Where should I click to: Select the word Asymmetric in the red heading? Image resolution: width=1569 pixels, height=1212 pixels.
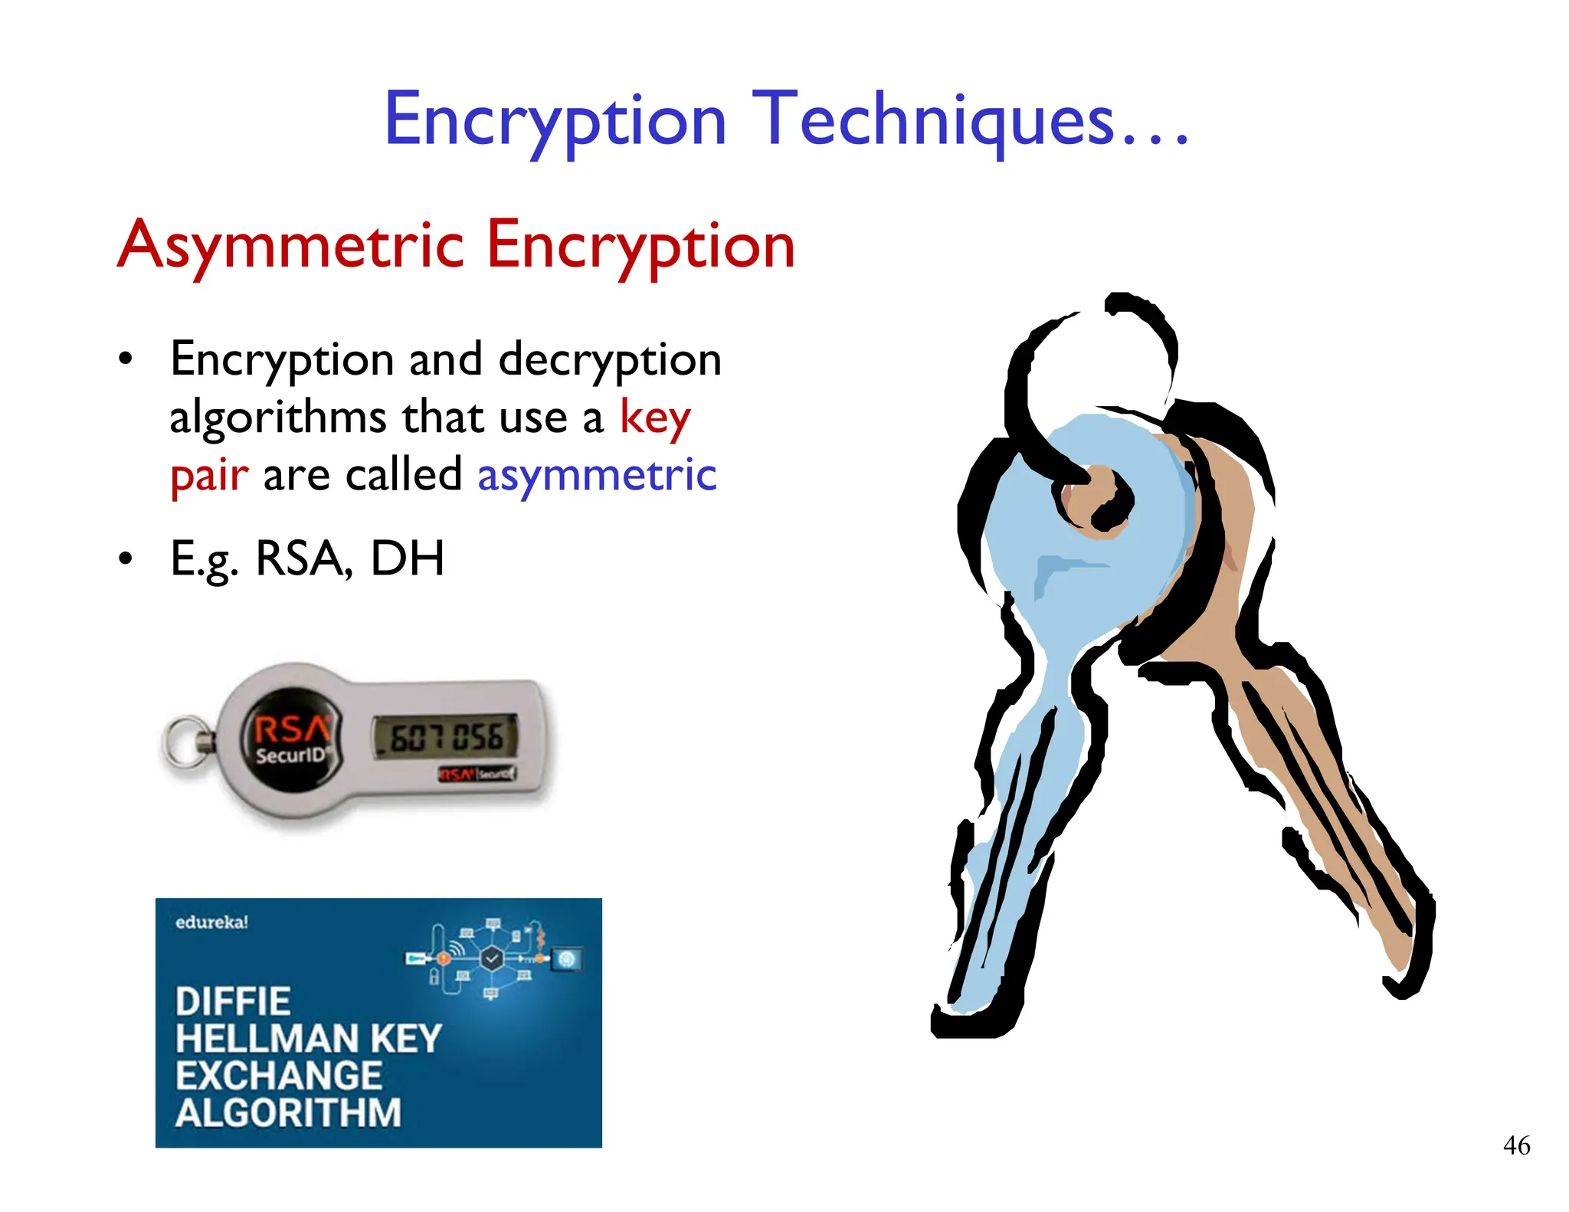click(291, 245)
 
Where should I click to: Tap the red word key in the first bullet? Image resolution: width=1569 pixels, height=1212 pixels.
click(655, 418)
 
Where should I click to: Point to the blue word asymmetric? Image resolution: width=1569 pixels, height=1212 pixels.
click(597, 475)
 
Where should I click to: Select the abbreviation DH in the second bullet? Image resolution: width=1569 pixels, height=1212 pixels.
click(407, 559)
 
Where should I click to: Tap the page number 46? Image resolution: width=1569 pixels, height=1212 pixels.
click(1516, 1145)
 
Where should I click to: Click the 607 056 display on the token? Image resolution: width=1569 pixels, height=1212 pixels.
click(447, 738)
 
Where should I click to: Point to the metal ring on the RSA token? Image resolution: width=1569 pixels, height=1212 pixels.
click(184, 742)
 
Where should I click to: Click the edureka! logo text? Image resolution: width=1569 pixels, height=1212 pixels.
click(211, 922)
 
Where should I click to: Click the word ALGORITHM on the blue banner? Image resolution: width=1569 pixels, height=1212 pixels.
click(288, 1113)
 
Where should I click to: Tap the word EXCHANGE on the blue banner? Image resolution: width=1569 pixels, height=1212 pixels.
click(279, 1076)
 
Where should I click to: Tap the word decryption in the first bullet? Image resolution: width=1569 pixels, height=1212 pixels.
click(610, 360)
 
